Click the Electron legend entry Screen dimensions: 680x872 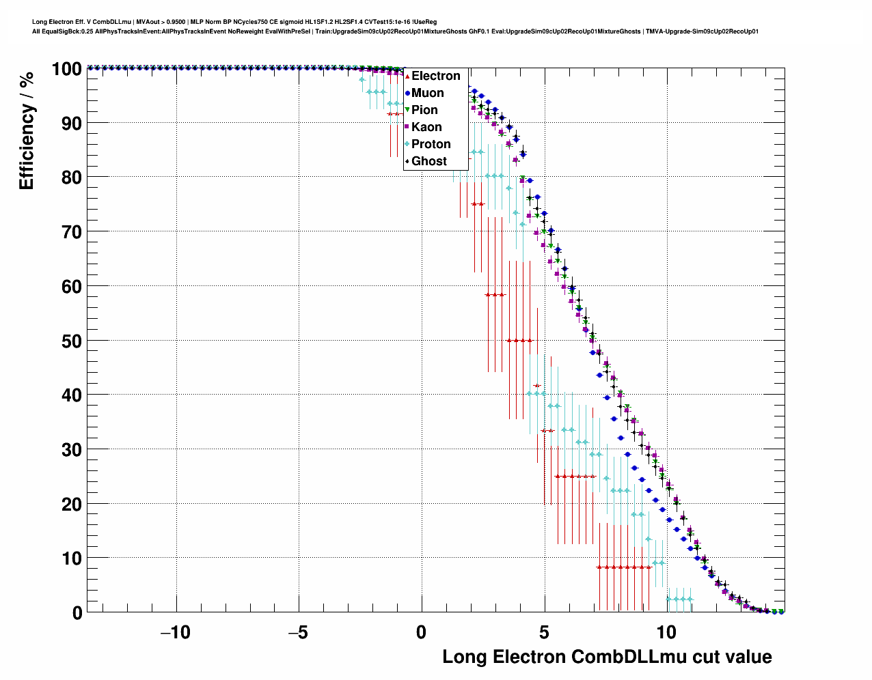pyautogui.click(x=435, y=76)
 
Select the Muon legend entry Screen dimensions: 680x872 pyautogui.click(x=427, y=93)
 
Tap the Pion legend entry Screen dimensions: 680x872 pyautogui.click(x=424, y=110)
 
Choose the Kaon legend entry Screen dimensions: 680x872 pyautogui.click(x=426, y=127)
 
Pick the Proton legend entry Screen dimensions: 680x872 pyautogui.click(x=431, y=144)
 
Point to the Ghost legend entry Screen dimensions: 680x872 pyautogui.click(x=428, y=161)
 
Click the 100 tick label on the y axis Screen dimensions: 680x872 pyautogui.click(x=66, y=69)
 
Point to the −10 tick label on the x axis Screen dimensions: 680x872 pyautogui.click(x=176, y=632)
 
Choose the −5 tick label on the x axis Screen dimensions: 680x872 pyautogui.click(x=298, y=632)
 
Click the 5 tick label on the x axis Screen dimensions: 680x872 pyautogui.click(x=545, y=632)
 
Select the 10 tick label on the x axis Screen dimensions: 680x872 pyautogui.click(x=666, y=632)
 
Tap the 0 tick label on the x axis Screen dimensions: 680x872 pyautogui.click(x=421, y=632)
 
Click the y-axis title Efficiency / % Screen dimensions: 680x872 pyautogui.click(x=27, y=130)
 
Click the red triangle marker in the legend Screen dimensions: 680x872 pyautogui.click(x=407, y=76)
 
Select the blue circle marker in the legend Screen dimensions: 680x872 pyautogui.click(x=407, y=93)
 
